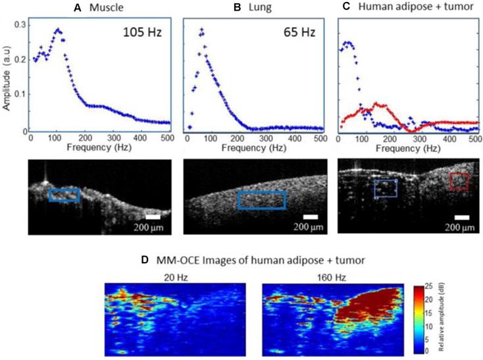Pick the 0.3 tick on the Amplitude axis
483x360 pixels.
(x=20, y=24)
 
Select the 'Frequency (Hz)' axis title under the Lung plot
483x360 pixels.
(x=254, y=149)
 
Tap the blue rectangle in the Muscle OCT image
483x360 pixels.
(x=64, y=195)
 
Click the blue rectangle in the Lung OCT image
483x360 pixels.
(x=262, y=200)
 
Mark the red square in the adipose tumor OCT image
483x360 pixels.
(x=459, y=181)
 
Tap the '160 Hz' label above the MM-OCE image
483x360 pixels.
(x=333, y=278)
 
